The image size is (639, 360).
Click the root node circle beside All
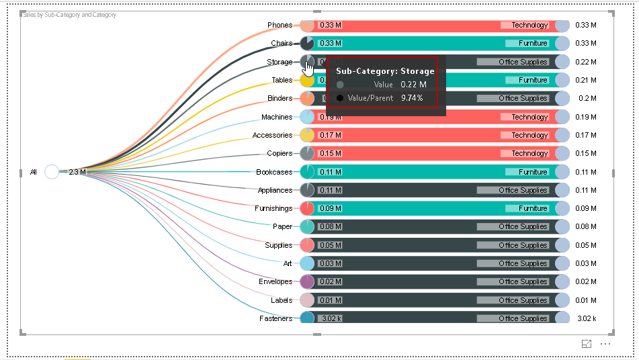[x=52, y=172]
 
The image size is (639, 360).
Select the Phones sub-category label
[x=280, y=26]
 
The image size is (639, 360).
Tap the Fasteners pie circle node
[x=307, y=318]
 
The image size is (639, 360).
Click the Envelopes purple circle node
[x=307, y=281]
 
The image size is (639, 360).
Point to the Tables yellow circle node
[x=307, y=81]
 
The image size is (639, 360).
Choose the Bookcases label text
[x=274, y=172]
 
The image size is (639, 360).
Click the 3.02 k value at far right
[x=586, y=318]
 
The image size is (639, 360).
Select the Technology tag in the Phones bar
[x=529, y=26]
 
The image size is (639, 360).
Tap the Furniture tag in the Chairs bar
[x=533, y=44]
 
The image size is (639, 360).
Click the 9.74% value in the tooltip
[x=412, y=98]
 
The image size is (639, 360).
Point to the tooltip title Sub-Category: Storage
[x=385, y=71]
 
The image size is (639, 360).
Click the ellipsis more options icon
[x=605, y=344]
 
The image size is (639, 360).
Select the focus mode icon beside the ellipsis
[x=587, y=344]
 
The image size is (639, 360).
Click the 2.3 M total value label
[x=77, y=172]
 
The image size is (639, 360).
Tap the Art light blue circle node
[x=307, y=263]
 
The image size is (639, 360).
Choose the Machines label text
[x=277, y=117]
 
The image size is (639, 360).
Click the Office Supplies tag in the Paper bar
[x=523, y=227]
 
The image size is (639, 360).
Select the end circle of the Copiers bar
[x=562, y=154]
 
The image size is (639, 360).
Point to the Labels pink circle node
[x=307, y=300]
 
